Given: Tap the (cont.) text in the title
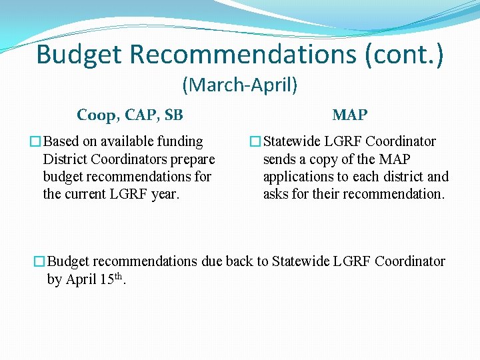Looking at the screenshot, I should [x=404, y=55].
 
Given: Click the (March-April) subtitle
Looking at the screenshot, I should [x=240, y=85].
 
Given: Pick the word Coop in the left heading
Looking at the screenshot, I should [x=96, y=115].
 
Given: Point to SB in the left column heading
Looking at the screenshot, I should [x=173, y=115].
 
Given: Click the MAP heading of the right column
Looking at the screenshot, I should [x=350, y=115].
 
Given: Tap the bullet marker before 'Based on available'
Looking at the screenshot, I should [x=36, y=142].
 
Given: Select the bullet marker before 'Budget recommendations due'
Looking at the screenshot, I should [x=41, y=262].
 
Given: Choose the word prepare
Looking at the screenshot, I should [x=192, y=159].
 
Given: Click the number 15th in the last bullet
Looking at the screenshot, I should [x=111, y=279].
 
